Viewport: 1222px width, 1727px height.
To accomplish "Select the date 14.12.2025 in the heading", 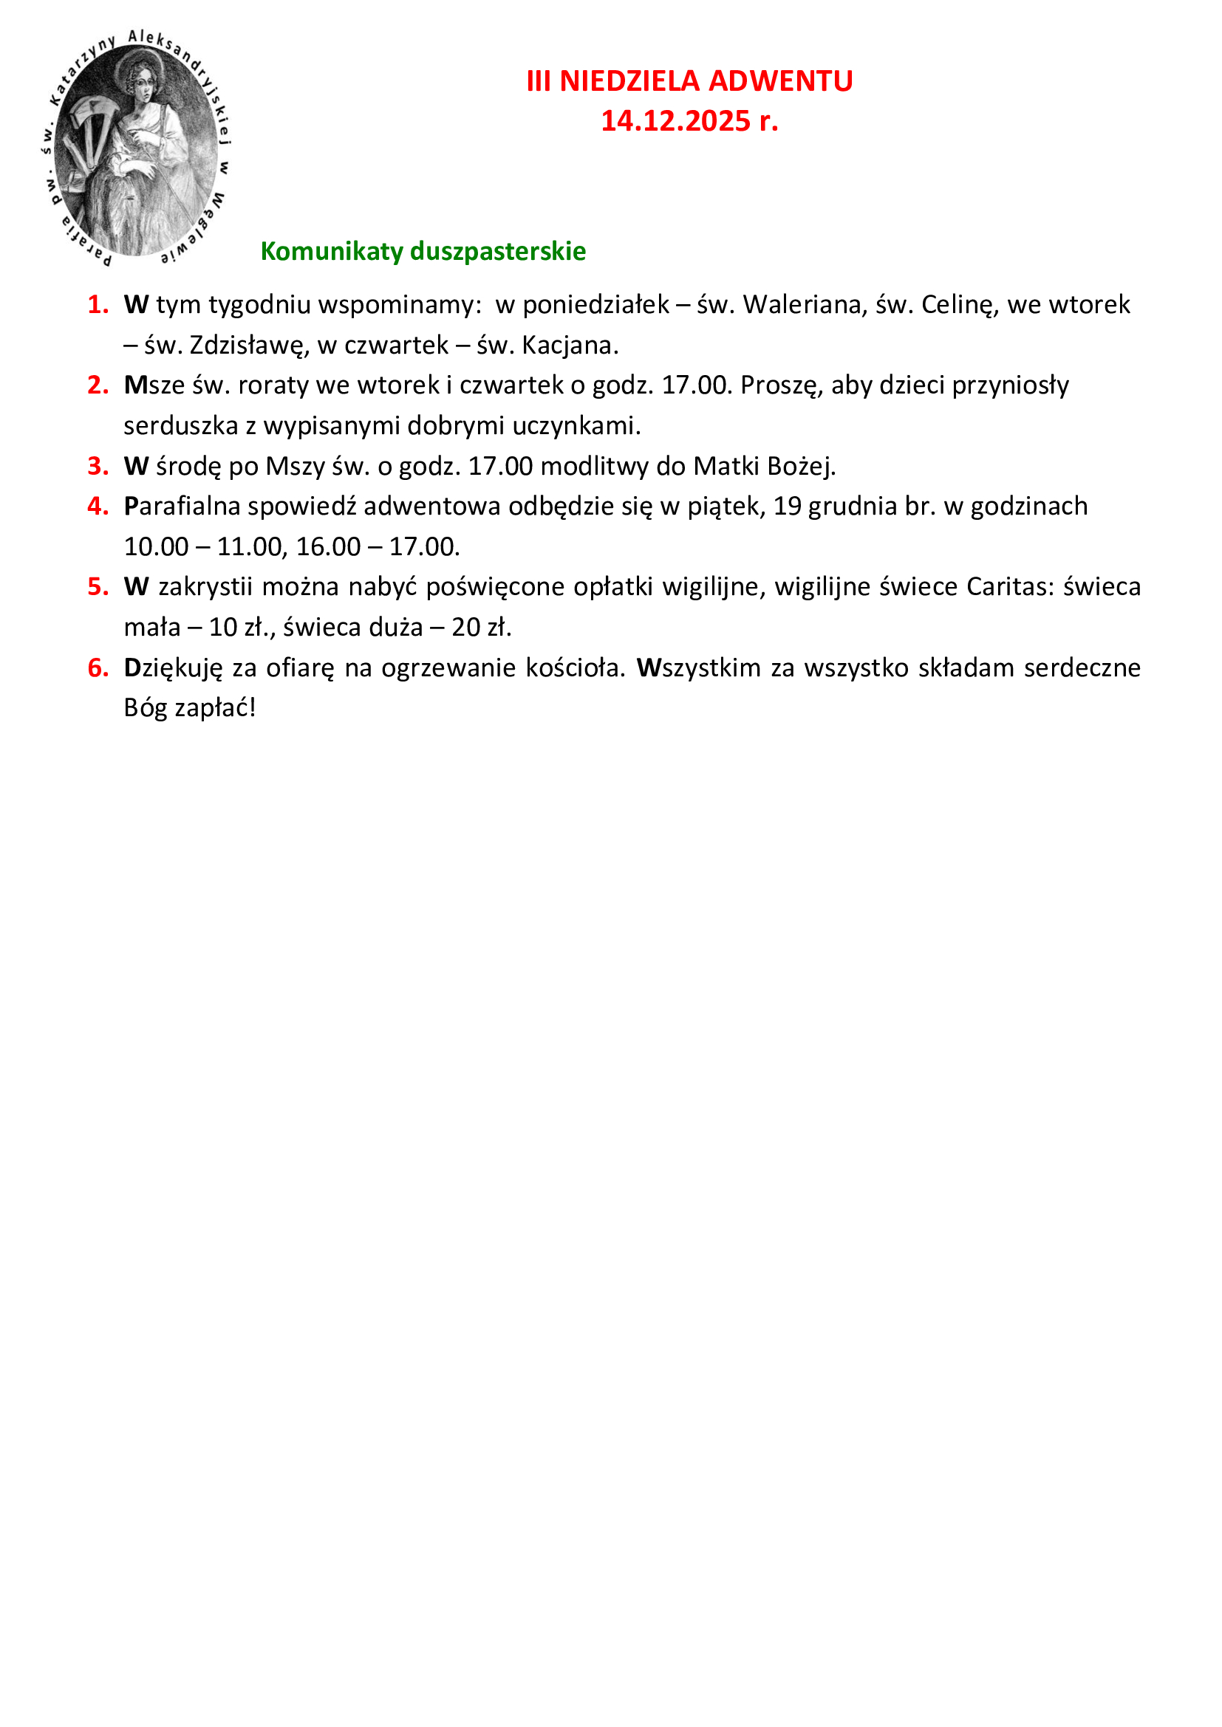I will click(675, 121).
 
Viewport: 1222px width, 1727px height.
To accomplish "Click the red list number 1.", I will click(98, 305).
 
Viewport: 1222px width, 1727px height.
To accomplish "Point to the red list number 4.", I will click(98, 507).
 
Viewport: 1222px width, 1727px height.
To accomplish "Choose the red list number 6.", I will click(98, 668).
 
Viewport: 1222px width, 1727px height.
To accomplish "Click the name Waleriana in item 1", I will click(802, 305).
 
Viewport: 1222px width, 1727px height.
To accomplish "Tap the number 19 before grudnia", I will click(787, 507).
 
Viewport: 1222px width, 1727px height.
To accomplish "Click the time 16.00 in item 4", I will click(328, 547).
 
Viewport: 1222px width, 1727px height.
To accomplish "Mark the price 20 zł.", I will click(481, 628).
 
